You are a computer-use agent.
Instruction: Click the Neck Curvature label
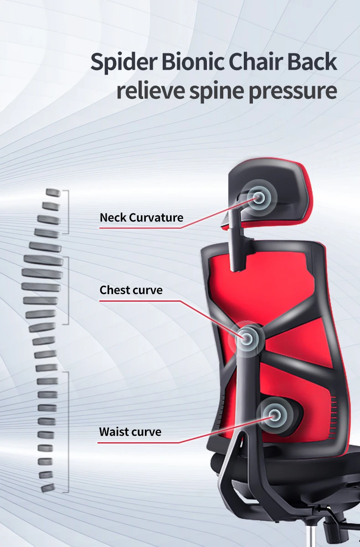[141, 217]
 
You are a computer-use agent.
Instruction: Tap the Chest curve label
[131, 290]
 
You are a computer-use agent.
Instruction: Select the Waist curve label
[130, 431]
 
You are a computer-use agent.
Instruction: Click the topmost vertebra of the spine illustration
[53, 193]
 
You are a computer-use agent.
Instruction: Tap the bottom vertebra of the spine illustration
[46, 487]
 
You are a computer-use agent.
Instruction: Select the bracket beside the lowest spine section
[68, 432]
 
